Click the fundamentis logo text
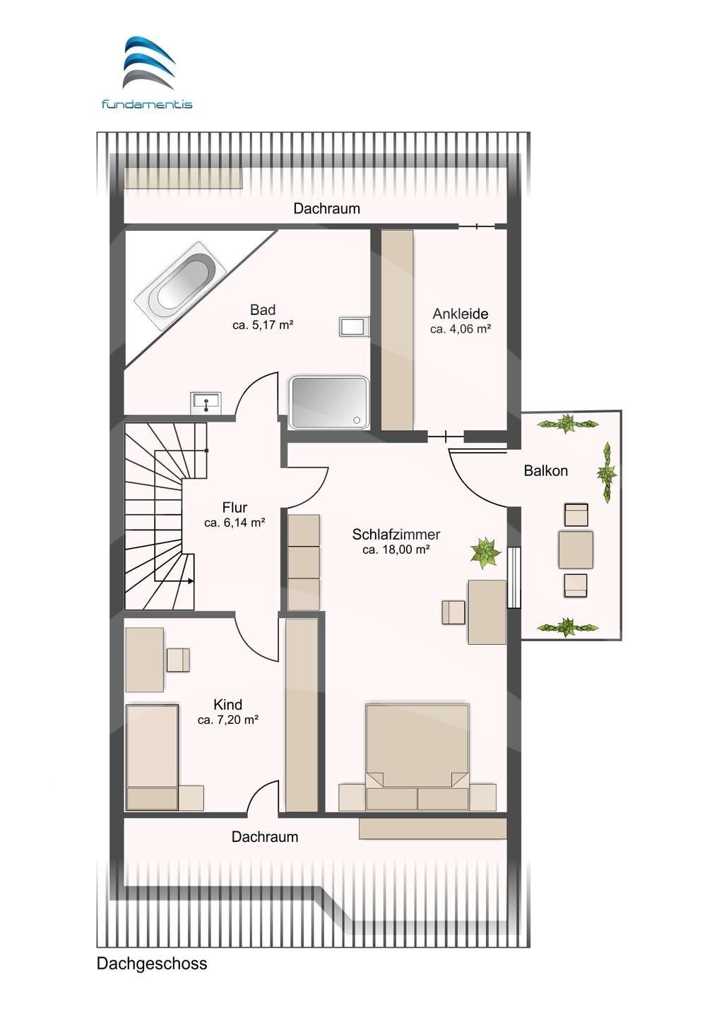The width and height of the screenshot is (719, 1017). point(147,104)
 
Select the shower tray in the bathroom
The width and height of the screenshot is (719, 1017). point(329,403)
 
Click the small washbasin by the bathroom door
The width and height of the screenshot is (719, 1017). point(206,403)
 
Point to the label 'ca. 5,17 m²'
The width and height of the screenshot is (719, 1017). point(262,325)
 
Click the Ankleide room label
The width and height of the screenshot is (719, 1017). point(460,314)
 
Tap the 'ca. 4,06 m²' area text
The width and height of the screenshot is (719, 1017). point(460,328)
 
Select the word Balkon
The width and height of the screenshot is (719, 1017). point(545,470)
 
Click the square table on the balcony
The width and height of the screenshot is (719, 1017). point(576,549)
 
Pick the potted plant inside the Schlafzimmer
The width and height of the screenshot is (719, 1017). point(486,552)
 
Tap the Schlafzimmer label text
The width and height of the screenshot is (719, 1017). point(396,535)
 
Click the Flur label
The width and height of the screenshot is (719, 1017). point(234,507)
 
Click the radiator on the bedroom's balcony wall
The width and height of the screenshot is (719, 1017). point(513,577)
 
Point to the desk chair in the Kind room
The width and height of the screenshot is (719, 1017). point(178,660)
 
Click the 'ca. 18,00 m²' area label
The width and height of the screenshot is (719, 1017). point(396,549)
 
